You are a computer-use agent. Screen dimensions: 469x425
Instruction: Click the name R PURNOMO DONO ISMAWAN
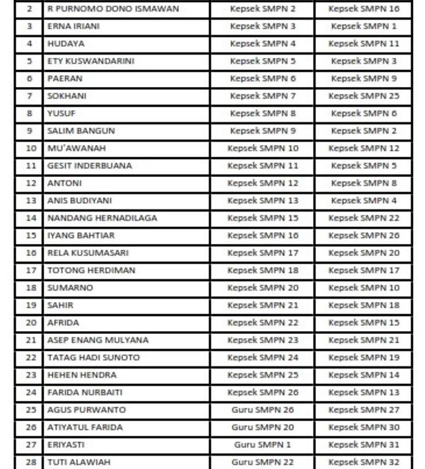point(112,8)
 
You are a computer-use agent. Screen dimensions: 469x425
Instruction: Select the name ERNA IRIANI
point(74,26)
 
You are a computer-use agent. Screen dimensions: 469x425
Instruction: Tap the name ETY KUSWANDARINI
point(91,61)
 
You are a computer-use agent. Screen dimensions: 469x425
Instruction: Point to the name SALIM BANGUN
point(81,131)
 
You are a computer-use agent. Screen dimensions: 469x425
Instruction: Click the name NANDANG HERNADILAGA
point(102,218)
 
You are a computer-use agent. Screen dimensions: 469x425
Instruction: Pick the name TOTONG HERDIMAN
point(91,270)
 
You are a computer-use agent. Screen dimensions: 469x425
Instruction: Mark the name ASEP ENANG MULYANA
point(98,340)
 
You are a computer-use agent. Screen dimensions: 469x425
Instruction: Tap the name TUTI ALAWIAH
point(80,462)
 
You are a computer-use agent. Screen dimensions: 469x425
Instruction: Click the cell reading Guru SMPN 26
point(262,410)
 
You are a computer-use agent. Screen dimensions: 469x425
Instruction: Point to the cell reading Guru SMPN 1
point(262,444)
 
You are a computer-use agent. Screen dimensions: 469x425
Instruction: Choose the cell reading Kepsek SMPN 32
point(363,462)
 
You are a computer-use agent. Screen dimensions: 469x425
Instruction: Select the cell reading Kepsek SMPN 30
point(363,427)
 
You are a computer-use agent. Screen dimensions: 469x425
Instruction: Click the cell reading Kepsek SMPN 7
point(262,95)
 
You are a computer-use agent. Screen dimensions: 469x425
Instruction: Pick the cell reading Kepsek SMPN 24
point(262,357)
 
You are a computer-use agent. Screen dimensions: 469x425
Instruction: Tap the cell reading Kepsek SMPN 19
point(363,357)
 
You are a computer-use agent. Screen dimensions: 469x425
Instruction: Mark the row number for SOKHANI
point(30,95)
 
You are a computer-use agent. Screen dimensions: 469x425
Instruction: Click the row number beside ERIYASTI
point(30,444)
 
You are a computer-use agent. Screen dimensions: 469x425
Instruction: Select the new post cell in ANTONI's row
point(363,183)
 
